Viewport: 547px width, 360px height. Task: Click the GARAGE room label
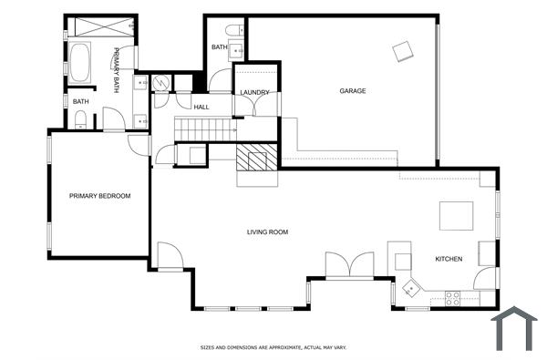point(353,91)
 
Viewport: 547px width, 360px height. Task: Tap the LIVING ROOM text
point(267,232)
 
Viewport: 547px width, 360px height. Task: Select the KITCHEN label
point(449,260)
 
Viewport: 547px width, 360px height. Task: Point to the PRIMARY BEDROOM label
point(100,196)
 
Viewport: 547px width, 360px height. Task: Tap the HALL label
point(201,108)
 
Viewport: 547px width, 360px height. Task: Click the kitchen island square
point(457,216)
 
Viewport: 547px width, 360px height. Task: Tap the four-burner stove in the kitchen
point(452,296)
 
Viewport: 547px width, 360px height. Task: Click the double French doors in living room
point(349,264)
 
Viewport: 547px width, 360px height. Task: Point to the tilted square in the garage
point(402,51)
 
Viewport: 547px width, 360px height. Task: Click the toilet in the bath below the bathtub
point(80,118)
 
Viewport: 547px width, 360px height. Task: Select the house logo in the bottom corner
point(514,329)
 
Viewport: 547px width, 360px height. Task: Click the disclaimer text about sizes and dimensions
point(273,347)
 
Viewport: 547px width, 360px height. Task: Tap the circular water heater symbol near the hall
point(161,83)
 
